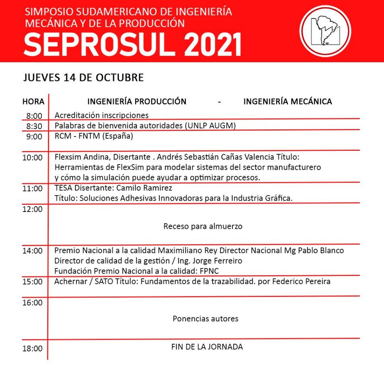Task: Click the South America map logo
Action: coord(325,31)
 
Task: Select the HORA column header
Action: coord(33,102)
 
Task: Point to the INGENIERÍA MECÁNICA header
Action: coord(288,102)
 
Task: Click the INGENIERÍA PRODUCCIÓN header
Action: coord(137,102)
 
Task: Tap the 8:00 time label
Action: coord(34,115)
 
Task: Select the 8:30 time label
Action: coord(34,126)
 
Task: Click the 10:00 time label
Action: coord(33,157)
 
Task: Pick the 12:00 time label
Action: coord(33,209)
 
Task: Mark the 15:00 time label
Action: coord(33,282)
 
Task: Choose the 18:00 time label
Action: coord(33,348)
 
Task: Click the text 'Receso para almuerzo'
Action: coord(203,226)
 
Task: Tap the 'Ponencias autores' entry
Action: coord(205,319)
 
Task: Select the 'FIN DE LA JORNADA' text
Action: coord(207,347)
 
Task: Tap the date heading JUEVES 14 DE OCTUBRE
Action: coord(84,78)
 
